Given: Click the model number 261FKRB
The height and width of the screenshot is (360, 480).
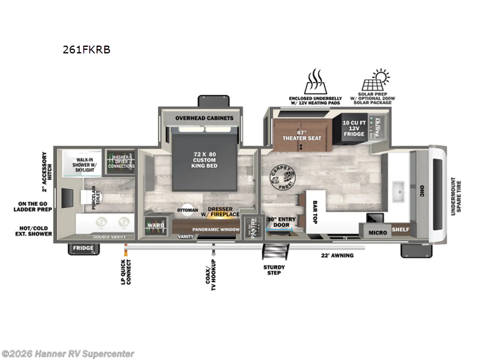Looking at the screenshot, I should pos(86,50).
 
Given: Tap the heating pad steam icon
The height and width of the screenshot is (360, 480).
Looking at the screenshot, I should pos(314,81).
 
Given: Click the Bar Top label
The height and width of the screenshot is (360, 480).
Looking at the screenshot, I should pos(315,208).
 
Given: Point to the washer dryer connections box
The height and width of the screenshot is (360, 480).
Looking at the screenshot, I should pos(120,161).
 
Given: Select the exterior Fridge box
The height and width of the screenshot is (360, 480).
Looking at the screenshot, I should pos(83,248).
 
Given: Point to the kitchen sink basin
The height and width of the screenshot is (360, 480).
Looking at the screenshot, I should pos(397,193).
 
